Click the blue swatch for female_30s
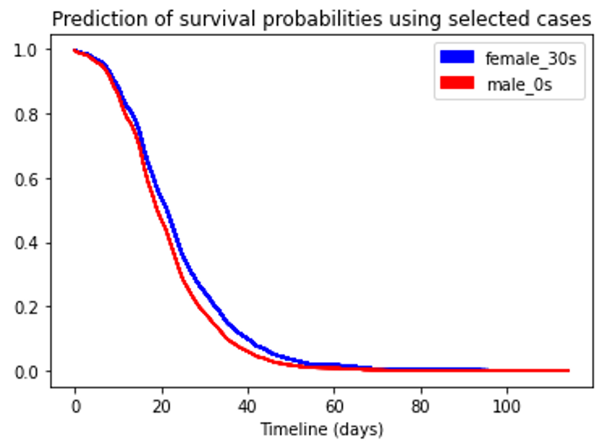coord(457,57)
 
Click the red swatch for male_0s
coord(457,83)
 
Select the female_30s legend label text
coord(531,59)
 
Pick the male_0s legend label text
coord(520,84)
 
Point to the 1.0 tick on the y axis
coord(26,50)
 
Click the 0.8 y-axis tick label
coord(26,115)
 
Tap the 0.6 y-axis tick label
coord(26,180)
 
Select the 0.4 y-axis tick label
coord(26,244)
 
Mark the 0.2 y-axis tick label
coord(26,308)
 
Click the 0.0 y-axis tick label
coord(26,372)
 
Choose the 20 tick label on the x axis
coord(162,407)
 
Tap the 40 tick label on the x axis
coord(248,407)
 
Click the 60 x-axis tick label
coord(334,407)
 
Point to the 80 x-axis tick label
coord(421,407)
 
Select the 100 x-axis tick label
coord(507,407)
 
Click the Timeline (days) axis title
coord(322,430)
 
